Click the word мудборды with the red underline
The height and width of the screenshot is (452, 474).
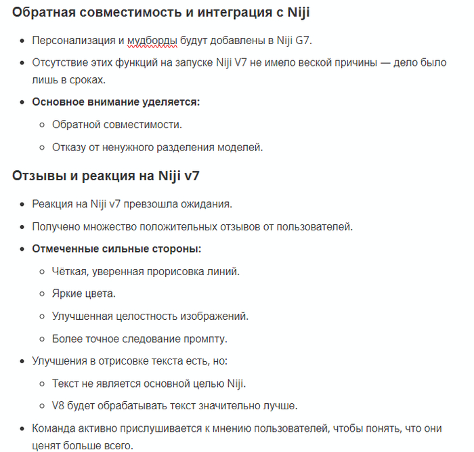coord(152,40)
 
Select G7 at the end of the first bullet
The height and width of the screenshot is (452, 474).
coord(302,40)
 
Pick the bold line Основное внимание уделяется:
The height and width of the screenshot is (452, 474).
coord(116,102)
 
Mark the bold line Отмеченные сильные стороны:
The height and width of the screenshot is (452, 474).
coord(116,249)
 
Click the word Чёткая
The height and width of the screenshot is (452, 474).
coord(70,271)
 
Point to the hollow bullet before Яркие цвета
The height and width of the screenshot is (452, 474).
coord(42,293)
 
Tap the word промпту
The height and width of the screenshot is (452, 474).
coord(207,338)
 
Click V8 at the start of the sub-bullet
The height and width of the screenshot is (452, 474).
coord(59,405)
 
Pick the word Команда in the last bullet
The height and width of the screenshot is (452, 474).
coord(54,428)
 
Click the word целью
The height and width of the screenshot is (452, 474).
coord(202,383)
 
